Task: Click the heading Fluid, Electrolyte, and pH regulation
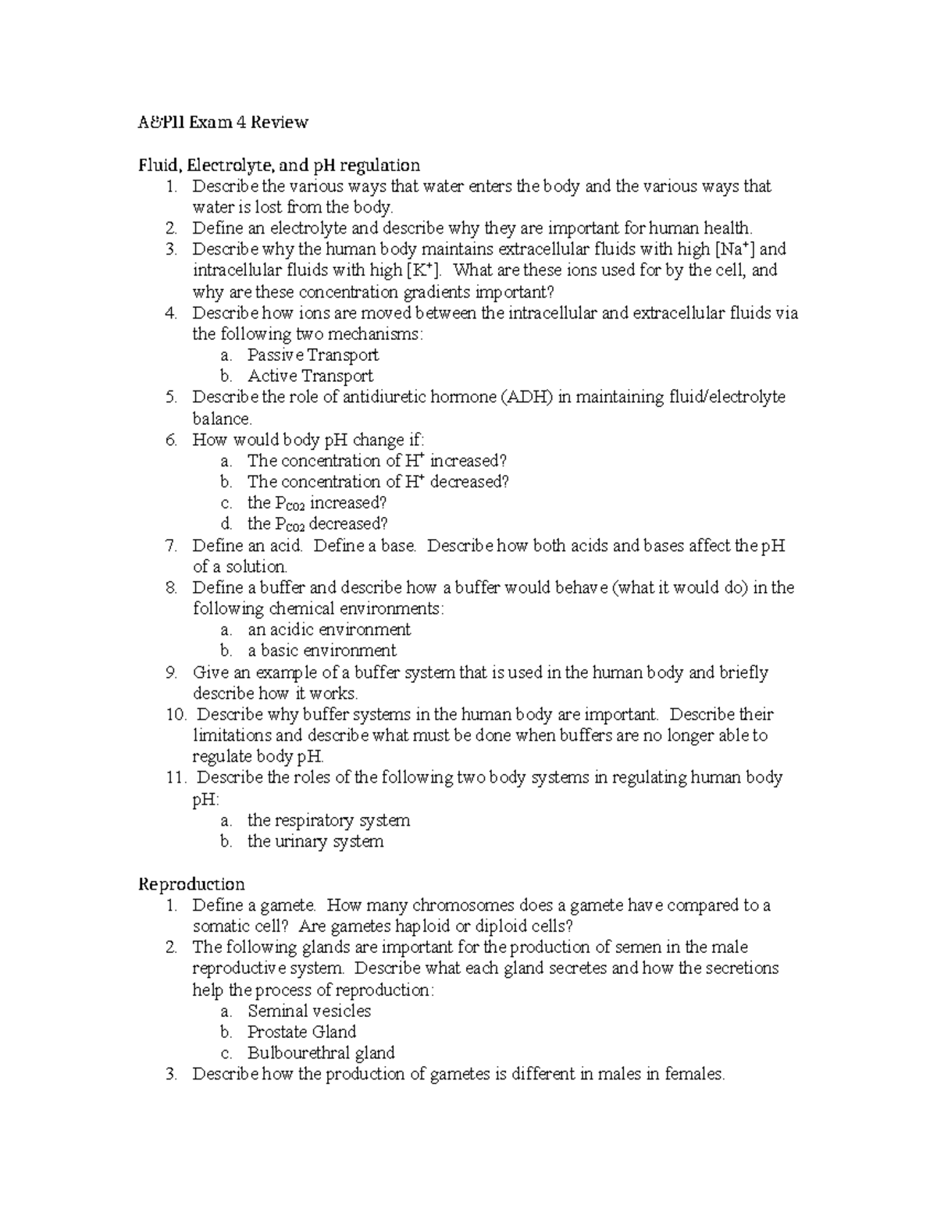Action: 279,165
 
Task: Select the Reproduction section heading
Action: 191,883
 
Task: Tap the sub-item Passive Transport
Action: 312,355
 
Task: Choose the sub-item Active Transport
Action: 310,376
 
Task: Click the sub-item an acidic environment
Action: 329,630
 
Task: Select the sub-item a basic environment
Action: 322,651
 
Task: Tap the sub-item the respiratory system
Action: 328,820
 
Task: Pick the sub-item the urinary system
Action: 315,841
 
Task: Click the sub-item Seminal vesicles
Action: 309,1011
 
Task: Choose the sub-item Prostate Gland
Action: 301,1032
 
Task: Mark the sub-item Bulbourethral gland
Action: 321,1053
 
